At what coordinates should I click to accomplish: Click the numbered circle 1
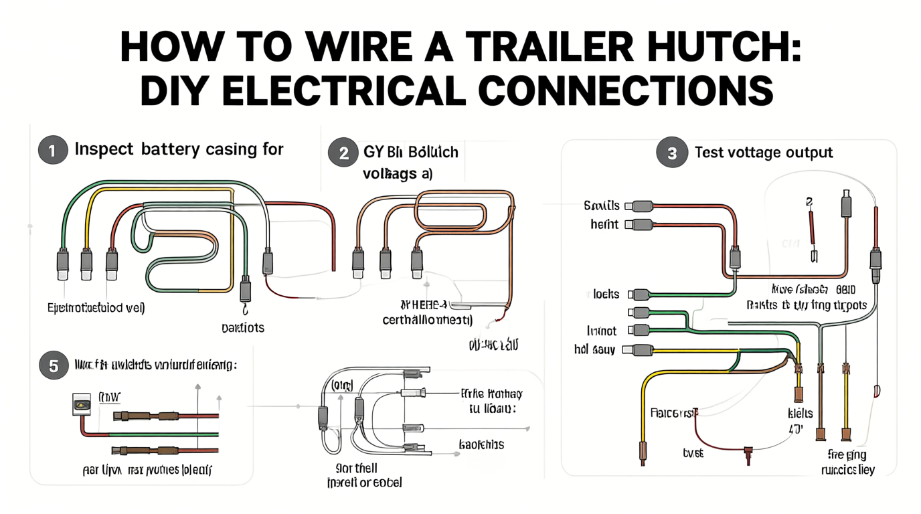pyautogui.click(x=52, y=151)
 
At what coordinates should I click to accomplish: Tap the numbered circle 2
pyautogui.click(x=343, y=153)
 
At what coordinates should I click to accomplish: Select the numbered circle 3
pyautogui.click(x=672, y=153)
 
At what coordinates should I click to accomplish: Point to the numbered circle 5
pyautogui.click(x=52, y=365)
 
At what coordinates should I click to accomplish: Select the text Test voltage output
pyautogui.click(x=764, y=153)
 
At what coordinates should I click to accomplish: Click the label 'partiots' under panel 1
pyautogui.click(x=242, y=328)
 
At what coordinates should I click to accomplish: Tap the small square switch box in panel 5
pyautogui.click(x=81, y=404)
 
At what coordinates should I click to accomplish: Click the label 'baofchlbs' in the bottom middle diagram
pyautogui.click(x=481, y=444)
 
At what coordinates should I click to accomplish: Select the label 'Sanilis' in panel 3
pyautogui.click(x=601, y=205)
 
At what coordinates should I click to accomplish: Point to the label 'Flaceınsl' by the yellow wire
pyautogui.click(x=673, y=412)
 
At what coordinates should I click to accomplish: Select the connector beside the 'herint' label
pyautogui.click(x=641, y=225)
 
